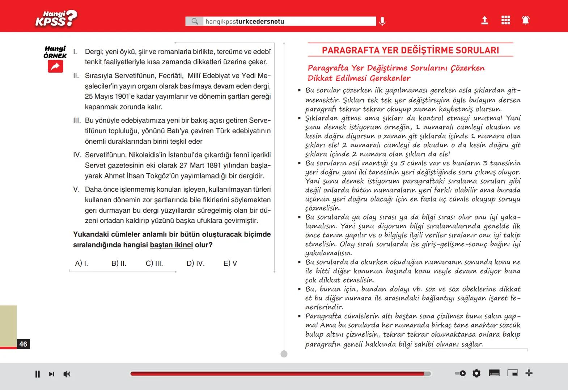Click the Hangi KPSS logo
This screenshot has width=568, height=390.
coord(56,18)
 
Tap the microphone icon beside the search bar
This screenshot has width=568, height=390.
coord(382,21)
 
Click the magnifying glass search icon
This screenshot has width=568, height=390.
coord(195,21)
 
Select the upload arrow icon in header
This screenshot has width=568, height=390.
coord(484,20)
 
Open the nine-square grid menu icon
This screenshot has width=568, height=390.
coord(505,20)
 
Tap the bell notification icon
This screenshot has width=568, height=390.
coord(526,20)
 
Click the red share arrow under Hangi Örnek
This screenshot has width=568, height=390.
coord(55,66)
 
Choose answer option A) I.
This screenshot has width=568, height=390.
coord(81,263)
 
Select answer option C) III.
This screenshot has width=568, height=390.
coord(154,263)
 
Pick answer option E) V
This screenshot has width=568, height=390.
coord(230,263)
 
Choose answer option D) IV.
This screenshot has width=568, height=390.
coord(195,263)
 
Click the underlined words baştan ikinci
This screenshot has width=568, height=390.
coord(171,245)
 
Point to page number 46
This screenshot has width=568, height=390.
coord(23,344)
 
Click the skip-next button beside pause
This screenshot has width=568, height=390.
coord(51,374)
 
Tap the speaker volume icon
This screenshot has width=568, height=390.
coord(67,374)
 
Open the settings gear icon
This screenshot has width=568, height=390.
coord(476,373)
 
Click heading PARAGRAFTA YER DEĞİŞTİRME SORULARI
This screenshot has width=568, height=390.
coord(410,50)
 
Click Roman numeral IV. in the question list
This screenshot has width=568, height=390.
coord(77,155)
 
